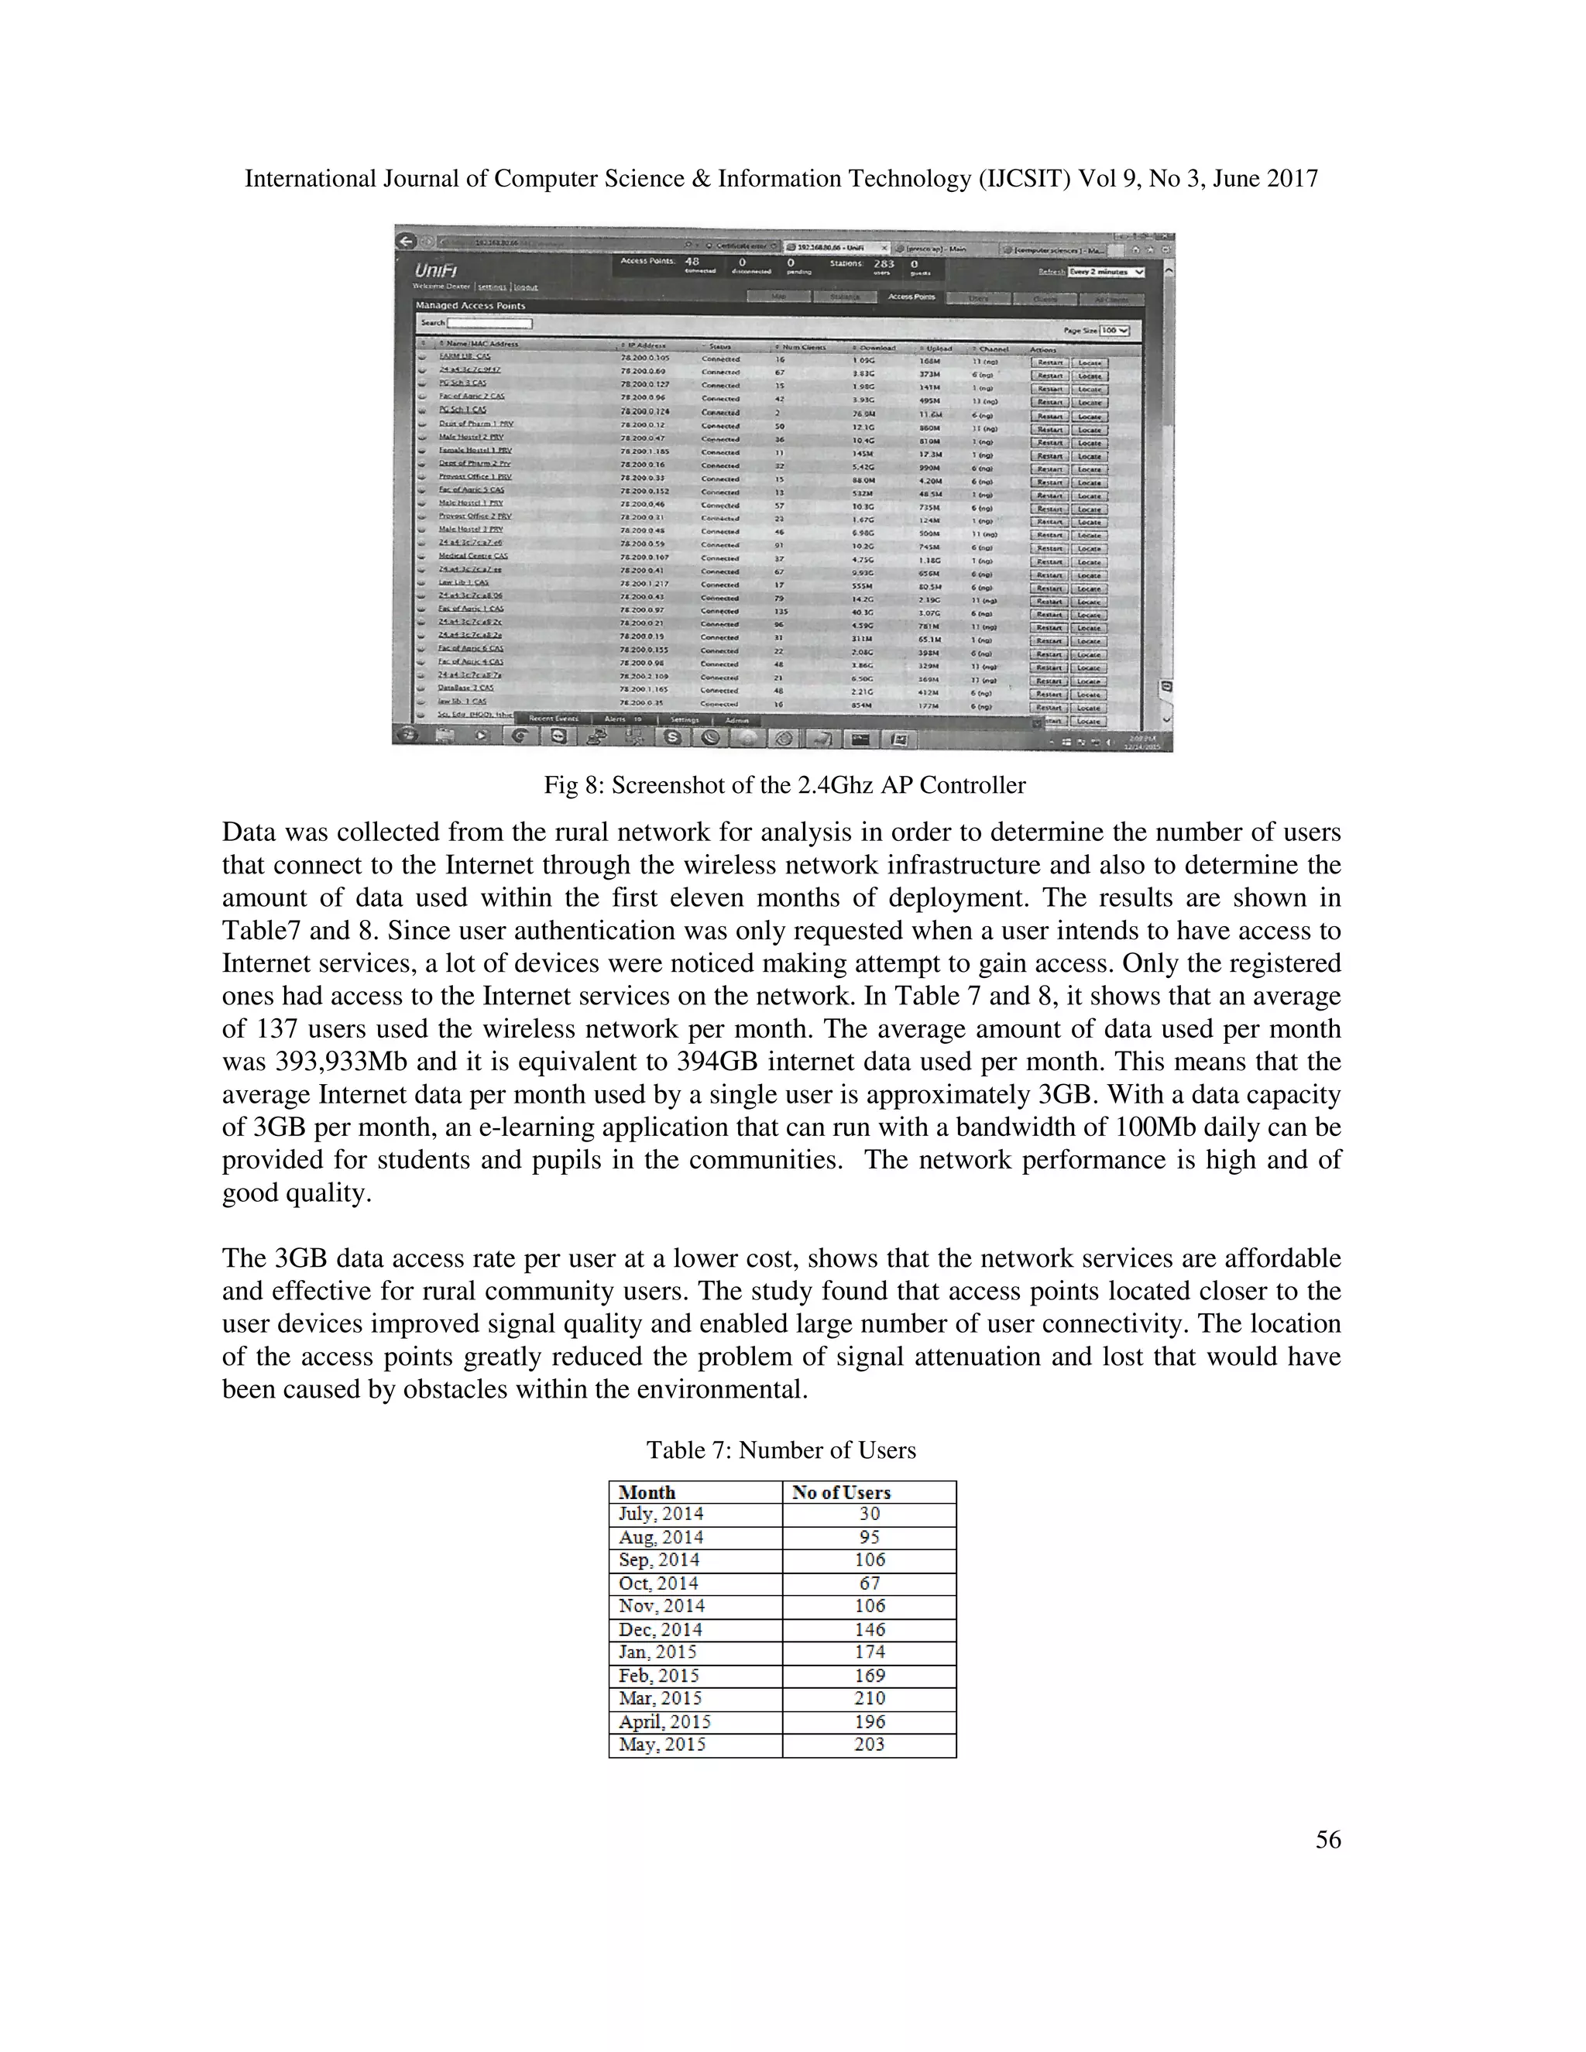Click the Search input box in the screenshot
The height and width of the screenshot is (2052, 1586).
(489, 323)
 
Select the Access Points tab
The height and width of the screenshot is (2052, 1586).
(911, 297)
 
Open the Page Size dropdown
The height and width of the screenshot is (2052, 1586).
(1114, 331)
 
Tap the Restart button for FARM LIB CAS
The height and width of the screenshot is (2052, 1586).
(1049, 362)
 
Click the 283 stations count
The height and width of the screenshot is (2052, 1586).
(883, 264)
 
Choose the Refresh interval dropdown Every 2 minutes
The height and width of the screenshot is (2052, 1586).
(1106, 272)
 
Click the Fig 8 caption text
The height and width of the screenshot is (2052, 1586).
(784, 784)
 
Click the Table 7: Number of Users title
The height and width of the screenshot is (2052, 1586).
(781, 1450)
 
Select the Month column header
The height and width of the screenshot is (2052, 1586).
(647, 1492)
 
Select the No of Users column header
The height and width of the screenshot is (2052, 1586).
(841, 1492)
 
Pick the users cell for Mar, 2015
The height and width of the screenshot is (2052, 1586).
(869, 1698)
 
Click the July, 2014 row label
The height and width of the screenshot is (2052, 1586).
(661, 1514)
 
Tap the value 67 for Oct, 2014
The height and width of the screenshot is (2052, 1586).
(869, 1584)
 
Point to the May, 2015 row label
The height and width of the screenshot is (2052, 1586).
(661, 1744)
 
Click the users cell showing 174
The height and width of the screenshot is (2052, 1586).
(869, 1652)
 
